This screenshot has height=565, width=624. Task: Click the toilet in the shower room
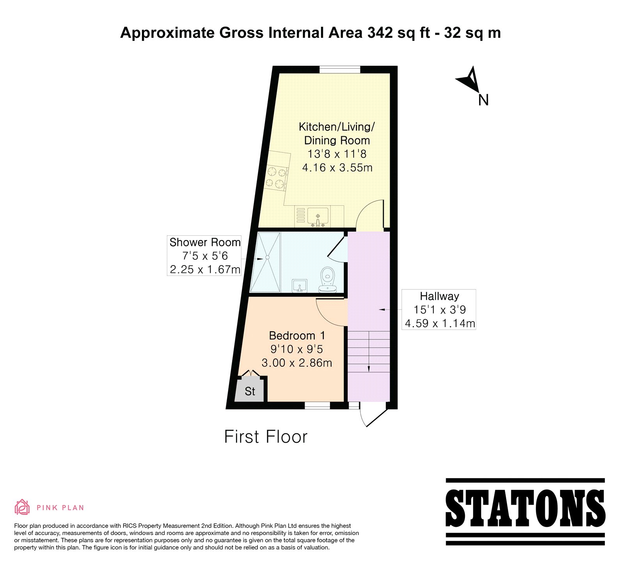click(x=327, y=279)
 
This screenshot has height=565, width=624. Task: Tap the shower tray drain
click(x=268, y=257)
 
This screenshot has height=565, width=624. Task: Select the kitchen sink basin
click(x=318, y=215)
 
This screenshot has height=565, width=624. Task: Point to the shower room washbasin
click(x=300, y=286)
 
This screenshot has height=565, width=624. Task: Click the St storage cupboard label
click(x=250, y=391)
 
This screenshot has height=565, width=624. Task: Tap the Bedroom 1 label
click(x=297, y=335)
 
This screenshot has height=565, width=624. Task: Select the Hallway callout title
click(x=440, y=296)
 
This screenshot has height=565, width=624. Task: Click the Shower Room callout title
click(x=205, y=242)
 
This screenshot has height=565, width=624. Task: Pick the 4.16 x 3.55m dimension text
click(x=337, y=168)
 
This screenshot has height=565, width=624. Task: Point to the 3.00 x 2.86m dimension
click(x=297, y=363)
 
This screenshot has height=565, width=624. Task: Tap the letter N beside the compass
click(x=483, y=100)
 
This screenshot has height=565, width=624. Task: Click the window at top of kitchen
click(x=340, y=70)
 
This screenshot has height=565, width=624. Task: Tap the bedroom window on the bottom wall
click(x=317, y=406)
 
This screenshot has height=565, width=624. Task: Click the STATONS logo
click(x=525, y=511)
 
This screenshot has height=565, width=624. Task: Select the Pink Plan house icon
click(x=22, y=507)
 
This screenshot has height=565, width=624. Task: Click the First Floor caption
click(x=266, y=437)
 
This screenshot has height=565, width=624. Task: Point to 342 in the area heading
click(x=380, y=33)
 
